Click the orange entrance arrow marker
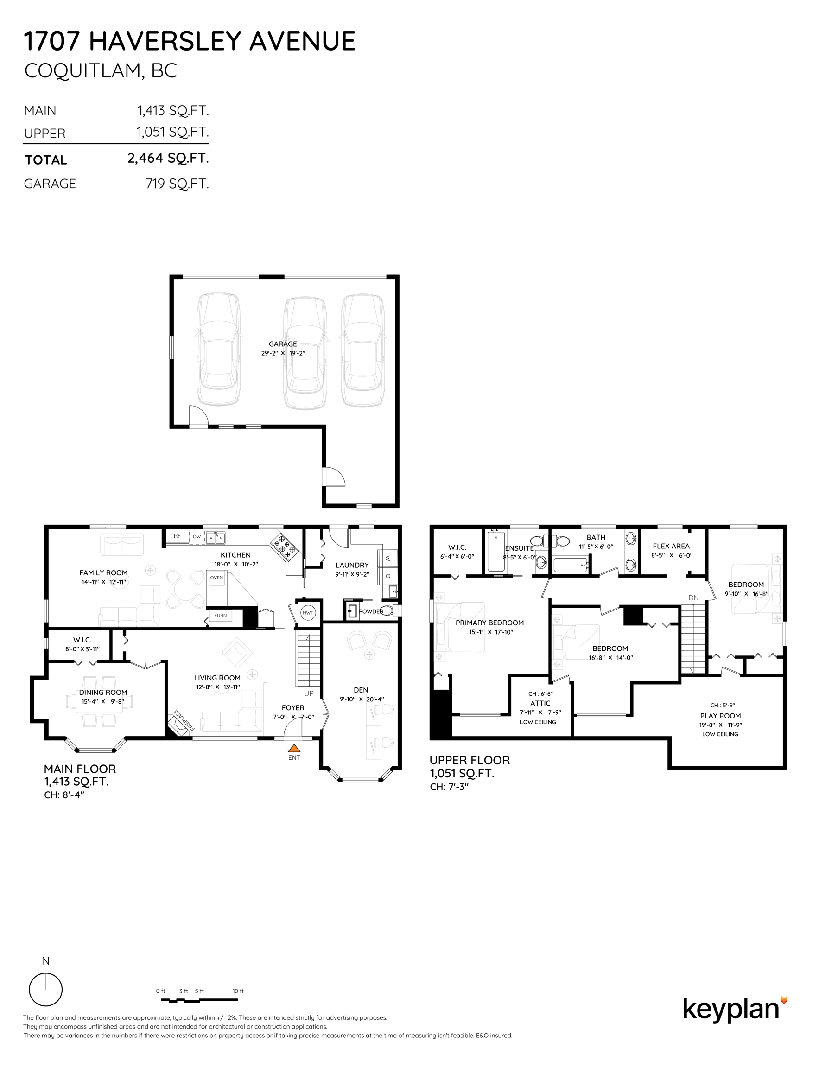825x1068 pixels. pyautogui.click(x=294, y=747)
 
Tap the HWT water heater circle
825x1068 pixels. pyautogui.click(x=308, y=613)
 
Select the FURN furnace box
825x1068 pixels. pyautogui.click(x=220, y=615)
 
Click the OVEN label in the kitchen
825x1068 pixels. pyautogui.click(x=216, y=578)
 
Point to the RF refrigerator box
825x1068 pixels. pyautogui.click(x=177, y=536)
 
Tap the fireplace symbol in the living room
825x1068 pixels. pyautogui.click(x=178, y=722)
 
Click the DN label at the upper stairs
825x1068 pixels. pyautogui.click(x=693, y=598)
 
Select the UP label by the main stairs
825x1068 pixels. pyautogui.click(x=309, y=693)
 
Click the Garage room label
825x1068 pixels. pyautogui.click(x=283, y=344)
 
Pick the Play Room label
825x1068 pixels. pyautogui.click(x=720, y=715)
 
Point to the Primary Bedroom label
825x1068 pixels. pyautogui.click(x=489, y=623)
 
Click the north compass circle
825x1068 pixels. pyautogui.click(x=45, y=989)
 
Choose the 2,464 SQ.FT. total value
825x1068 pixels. pyautogui.click(x=168, y=159)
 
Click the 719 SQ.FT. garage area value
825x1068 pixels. pyautogui.click(x=177, y=184)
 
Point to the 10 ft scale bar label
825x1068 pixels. pyautogui.click(x=238, y=991)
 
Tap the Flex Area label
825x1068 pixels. pyautogui.click(x=671, y=546)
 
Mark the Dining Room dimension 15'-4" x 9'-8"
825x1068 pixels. pyautogui.click(x=103, y=701)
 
